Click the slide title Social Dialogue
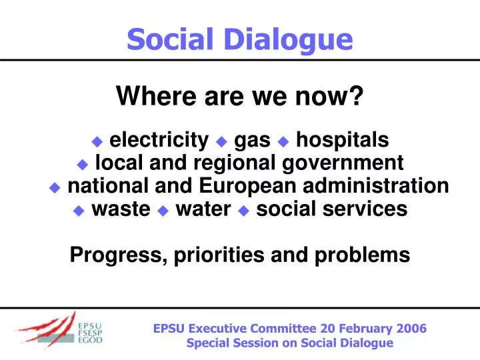239,39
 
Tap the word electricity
159,140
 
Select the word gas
253,140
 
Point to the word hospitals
342,140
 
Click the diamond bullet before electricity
97,141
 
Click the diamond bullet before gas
222,141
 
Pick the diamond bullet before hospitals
283,141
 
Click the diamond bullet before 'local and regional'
83,164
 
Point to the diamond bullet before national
55,187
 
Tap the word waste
121,209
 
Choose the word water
202,209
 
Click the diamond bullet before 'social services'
243,210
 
